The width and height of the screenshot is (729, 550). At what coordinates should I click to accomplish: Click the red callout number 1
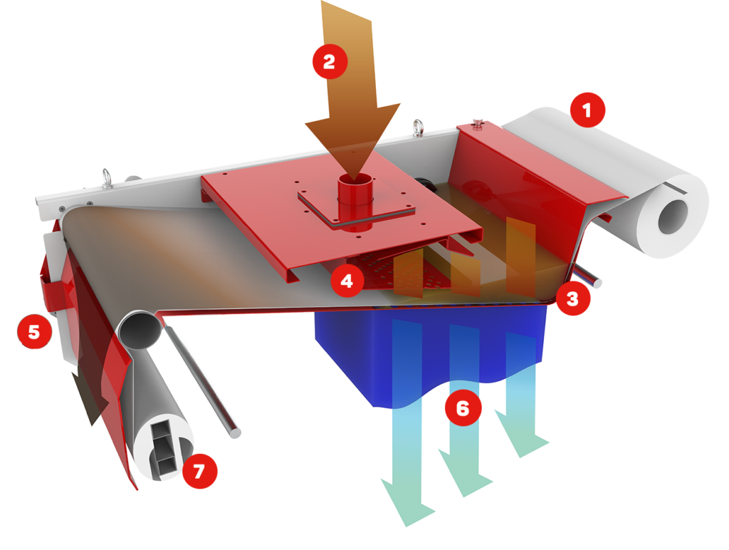[587, 110]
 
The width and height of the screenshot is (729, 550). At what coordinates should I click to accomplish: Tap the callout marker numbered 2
[330, 61]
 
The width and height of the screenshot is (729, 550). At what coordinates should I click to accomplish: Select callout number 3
[572, 299]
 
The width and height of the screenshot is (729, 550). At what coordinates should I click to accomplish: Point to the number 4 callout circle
[347, 281]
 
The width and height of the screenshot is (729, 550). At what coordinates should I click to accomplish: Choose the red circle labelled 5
[34, 332]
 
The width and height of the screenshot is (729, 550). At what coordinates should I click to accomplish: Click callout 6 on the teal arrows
[463, 408]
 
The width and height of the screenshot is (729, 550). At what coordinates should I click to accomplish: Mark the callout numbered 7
[199, 471]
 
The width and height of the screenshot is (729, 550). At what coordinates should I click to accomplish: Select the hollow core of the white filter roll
[673, 217]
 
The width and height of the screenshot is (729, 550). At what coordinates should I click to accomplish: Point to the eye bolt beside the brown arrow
[418, 128]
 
